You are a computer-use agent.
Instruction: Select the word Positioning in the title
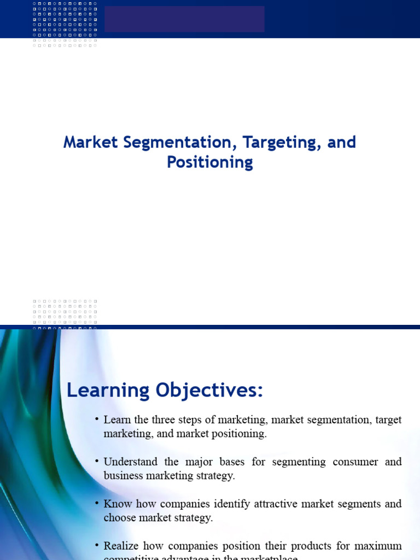(x=210, y=162)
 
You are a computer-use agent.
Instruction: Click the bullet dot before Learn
(x=96, y=419)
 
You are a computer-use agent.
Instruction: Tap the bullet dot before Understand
(x=96, y=461)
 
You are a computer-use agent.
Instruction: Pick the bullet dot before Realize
(x=96, y=545)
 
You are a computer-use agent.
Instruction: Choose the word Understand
(x=130, y=462)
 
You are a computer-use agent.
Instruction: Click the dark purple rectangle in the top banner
(x=184, y=19)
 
